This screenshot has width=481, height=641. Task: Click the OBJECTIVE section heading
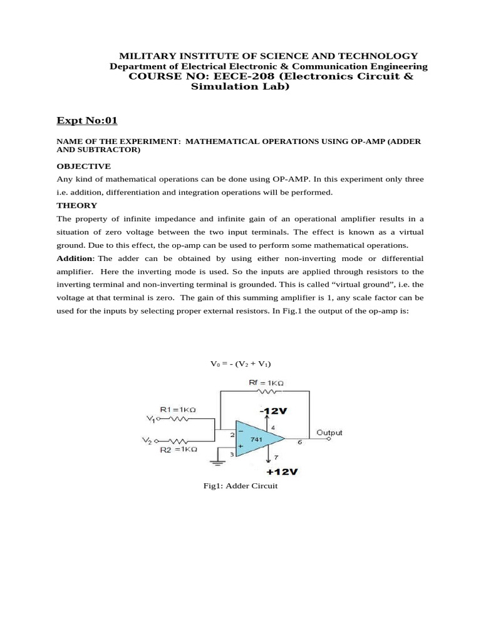(x=83, y=166)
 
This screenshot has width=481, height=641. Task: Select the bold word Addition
(x=75, y=259)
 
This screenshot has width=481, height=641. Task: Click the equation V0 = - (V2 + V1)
(x=240, y=364)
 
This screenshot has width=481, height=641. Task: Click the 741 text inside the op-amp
(x=257, y=439)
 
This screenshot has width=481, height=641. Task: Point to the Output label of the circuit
(x=329, y=433)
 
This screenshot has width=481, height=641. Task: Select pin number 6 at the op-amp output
(x=299, y=443)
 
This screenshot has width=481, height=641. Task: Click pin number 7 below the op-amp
(x=277, y=458)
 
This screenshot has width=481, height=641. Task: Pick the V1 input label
(x=150, y=418)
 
